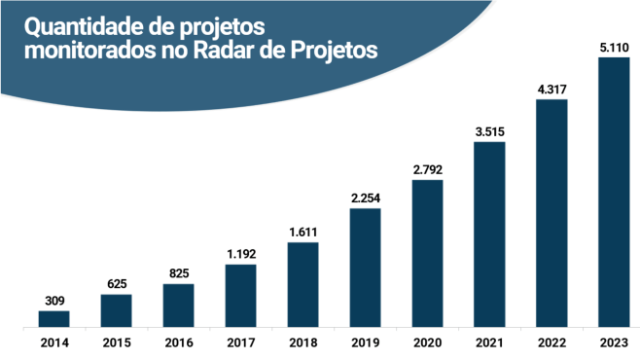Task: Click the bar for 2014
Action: [x=53, y=318]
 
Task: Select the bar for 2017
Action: [x=240, y=295]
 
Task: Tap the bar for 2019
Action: [x=365, y=267]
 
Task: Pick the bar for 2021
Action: [x=489, y=234]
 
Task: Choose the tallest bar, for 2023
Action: [x=614, y=192]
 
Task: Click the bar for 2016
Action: [x=178, y=305]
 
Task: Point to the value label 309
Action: [x=53, y=301]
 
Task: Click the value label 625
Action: [x=116, y=284]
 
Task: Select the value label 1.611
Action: [x=302, y=233]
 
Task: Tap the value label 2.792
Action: [x=427, y=169]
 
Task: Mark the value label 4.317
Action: [x=551, y=90]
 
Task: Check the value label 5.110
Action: [x=614, y=47]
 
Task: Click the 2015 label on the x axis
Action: [x=116, y=342]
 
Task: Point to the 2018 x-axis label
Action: [x=302, y=342]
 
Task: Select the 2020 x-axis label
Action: [x=427, y=342]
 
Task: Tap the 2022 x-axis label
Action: [x=551, y=342]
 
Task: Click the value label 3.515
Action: [x=489, y=131]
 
